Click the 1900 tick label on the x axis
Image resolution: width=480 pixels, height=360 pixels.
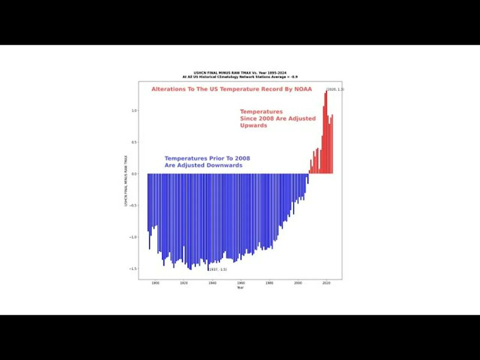[x=155, y=283]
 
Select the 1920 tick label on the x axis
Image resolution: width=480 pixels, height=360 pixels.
[x=184, y=283]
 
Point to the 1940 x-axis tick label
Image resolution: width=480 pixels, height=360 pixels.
[x=212, y=283]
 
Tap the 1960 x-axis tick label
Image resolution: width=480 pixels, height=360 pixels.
[x=241, y=283]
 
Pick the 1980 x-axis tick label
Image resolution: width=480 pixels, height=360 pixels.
[x=269, y=283]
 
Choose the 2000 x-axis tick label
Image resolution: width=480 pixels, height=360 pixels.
[x=298, y=283]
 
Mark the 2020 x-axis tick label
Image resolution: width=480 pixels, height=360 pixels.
[x=326, y=283]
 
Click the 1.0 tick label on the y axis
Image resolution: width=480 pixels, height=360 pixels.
[x=134, y=111]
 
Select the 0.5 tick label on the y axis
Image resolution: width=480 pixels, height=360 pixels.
[x=134, y=142]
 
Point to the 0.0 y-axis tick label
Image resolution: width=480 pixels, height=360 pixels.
[x=134, y=174]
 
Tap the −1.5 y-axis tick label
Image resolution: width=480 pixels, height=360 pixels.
[x=133, y=269]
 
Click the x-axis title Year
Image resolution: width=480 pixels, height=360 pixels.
[x=240, y=288]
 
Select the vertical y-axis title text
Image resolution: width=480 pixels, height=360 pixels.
[x=126, y=181]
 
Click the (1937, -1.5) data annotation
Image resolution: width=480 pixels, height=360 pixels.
[x=218, y=270]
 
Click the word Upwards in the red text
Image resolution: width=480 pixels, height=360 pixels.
[x=253, y=125]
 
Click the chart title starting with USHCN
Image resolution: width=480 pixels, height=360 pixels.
[x=240, y=73]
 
